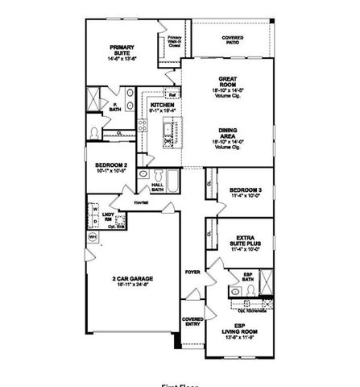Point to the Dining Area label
(x=226, y=132)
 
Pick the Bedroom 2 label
(x=110, y=167)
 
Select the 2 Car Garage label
(x=133, y=281)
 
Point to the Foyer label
(x=193, y=273)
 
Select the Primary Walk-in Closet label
(x=174, y=40)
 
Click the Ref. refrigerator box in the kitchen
(x=171, y=93)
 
